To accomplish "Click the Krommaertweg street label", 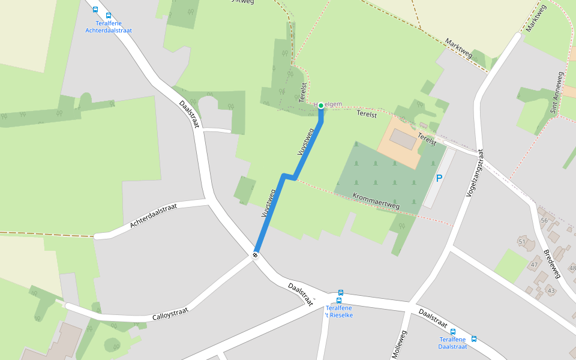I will pos(376,200).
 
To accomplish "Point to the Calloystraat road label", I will pos(170,313).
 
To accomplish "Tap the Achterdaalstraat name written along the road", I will pos(154,215).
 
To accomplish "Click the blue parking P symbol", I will pos(439,178).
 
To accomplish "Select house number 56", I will pos(544,220).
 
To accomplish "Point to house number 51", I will pos(522,241).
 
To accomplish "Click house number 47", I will pos(533,265).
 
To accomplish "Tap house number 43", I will pos(551,290).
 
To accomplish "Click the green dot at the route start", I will pos(321,106).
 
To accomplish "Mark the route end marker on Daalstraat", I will pos(256,255).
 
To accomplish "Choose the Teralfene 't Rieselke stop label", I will pos(339,311).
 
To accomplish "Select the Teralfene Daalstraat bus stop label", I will pos(453,343).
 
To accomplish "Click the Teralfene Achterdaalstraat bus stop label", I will pos(109,26).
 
